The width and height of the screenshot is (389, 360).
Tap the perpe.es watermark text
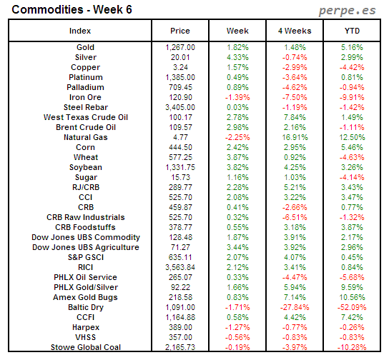(347, 11)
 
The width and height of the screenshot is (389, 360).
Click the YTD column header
(352, 31)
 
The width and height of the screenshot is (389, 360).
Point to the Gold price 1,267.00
(180, 47)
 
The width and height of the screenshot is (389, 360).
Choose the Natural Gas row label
(85, 137)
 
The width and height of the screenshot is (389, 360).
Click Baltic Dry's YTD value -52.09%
(352, 307)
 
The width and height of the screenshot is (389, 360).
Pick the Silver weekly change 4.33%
(237, 57)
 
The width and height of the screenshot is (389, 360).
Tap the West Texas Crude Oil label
(85, 117)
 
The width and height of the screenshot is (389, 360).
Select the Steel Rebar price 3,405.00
(180, 107)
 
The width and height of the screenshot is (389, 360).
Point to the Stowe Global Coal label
(85, 347)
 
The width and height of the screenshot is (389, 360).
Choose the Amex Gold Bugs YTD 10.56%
(352, 297)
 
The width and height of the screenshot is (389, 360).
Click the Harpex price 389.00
(180, 327)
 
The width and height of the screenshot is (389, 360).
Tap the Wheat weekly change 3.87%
(237, 157)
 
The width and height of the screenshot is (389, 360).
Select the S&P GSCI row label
(85, 257)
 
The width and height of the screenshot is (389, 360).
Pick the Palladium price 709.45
(180, 87)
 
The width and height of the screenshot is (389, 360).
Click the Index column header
(80, 31)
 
